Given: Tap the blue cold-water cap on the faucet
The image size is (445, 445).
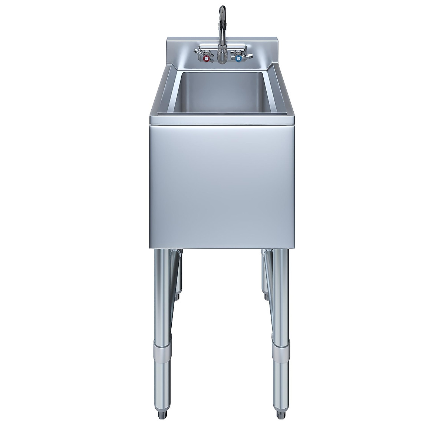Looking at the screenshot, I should (x=238, y=59).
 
